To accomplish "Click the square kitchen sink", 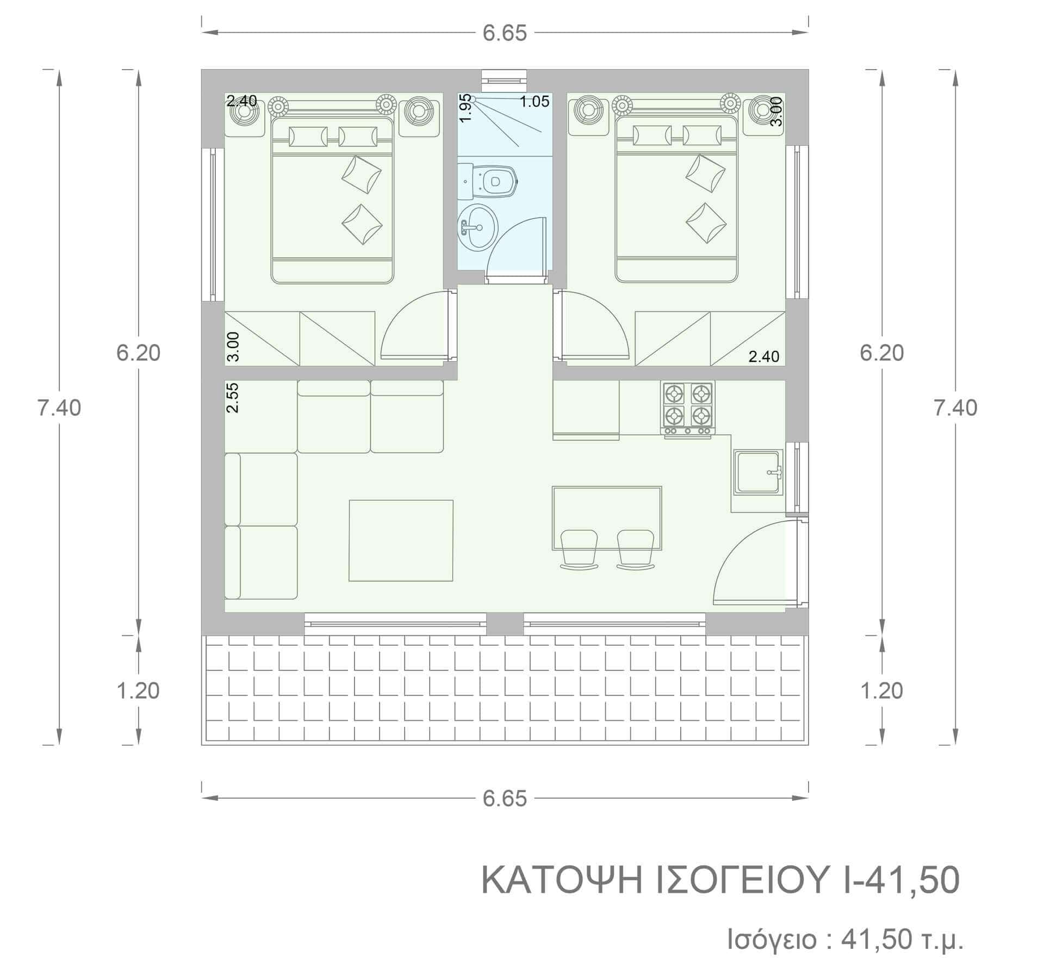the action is click(x=759, y=472).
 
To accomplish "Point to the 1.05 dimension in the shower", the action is click(x=535, y=101).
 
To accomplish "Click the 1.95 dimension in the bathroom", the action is click(x=465, y=110).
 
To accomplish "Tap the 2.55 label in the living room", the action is click(x=232, y=398).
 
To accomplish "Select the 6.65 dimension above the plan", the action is click(x=505, y=33).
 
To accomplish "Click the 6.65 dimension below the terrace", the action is click(x=505, y=799).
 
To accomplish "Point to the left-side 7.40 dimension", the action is click(x=59, y=407).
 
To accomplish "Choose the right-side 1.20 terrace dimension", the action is click(x=881, y=690).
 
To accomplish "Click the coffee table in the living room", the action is click(x=401, y=541).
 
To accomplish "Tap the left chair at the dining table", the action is click(x=580, y=549).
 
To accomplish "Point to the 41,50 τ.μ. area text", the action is click(x=903, y=940).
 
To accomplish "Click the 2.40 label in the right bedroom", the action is click(x=764, y=357).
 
